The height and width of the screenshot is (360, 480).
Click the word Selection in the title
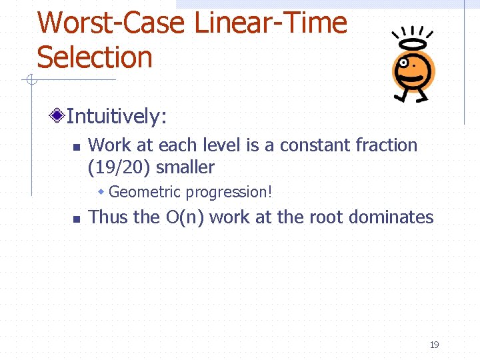pos(95,57)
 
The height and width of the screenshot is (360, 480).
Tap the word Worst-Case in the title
pos(110,23)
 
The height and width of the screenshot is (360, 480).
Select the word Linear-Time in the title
pos(270,23)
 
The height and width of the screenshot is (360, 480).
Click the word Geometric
pos(145,192)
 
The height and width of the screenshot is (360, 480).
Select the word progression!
pos(229,192)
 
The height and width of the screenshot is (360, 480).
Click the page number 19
pos(434,345)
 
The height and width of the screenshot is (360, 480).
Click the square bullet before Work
pos(76,146)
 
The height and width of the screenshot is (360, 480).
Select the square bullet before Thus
pos(76,218)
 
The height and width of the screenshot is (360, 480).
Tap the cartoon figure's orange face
pos(413,67)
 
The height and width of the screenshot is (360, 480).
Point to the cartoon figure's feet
pos(411,97)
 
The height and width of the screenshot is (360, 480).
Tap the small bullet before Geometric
pos(101,192)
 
